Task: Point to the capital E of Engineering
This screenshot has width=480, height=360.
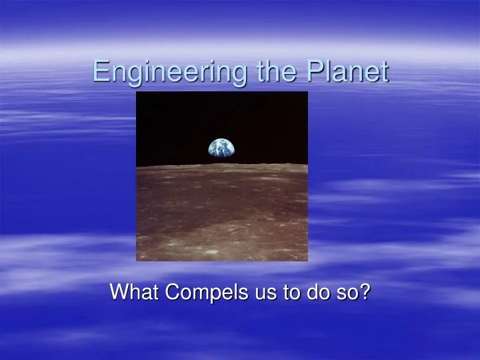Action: pyautogui.click(x=100, y=71)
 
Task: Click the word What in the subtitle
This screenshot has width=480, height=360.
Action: pyautogui.click(x=133, y=291)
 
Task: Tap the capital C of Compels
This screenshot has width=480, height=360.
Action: pyautogui.click(x=170, y=291)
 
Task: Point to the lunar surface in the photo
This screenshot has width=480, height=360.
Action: pyautogui.click(x=222, y=213)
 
